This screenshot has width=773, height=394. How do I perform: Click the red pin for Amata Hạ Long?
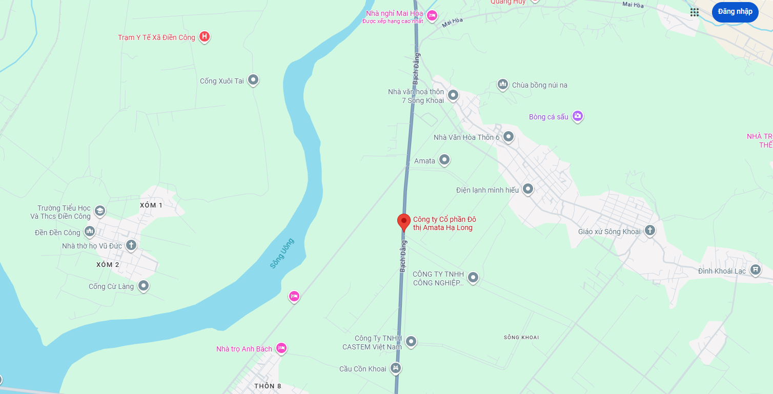(404, 221)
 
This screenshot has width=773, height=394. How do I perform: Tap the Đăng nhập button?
(735, 12)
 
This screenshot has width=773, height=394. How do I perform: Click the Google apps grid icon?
(695, 12)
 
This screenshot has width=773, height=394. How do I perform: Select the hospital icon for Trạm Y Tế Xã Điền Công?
(205, 36)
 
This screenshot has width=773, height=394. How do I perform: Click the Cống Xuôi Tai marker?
(253, 80)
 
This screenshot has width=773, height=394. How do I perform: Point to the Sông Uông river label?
(282, 253)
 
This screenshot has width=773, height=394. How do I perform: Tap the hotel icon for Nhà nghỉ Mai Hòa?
(432, 15)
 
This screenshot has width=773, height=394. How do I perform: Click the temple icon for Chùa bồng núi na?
(503, 85)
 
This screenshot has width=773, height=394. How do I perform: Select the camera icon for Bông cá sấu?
(578, 116)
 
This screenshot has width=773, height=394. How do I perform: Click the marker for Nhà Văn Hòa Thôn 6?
(508, 137)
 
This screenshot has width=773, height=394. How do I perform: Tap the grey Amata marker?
(444, 160)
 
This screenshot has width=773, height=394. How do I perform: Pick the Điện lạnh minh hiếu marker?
(528, 190)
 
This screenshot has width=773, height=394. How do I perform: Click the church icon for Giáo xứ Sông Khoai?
(650, 231)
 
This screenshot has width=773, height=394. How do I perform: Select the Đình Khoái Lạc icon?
(755, 269)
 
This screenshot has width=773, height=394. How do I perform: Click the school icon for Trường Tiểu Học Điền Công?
(100, 211)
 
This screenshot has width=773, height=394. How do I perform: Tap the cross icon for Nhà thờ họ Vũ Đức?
(131, 245)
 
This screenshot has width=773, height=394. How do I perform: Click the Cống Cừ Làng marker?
(144, 285)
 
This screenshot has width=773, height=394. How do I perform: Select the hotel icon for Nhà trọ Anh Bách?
(281, 348)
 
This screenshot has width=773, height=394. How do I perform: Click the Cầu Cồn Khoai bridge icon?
(395, 368)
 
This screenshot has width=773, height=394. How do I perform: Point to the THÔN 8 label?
(268, 386)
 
